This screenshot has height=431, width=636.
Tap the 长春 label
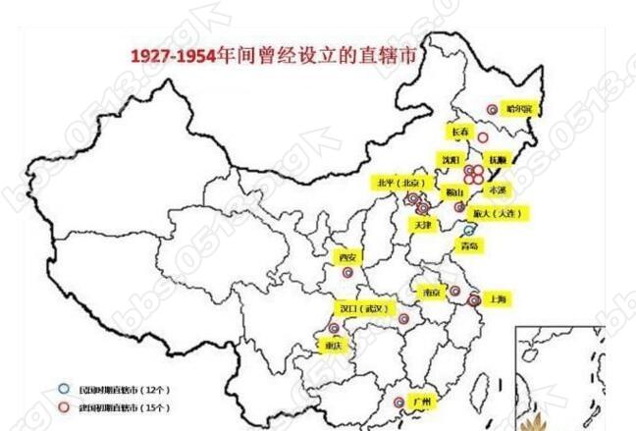(x=460, y=132)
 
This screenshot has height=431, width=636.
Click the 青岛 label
(x=471, y=246)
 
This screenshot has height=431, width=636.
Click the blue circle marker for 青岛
(x=467, y=228)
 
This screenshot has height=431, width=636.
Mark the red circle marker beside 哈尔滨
(x=492, y=110)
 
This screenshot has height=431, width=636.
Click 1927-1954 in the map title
(x=173, y=56)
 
